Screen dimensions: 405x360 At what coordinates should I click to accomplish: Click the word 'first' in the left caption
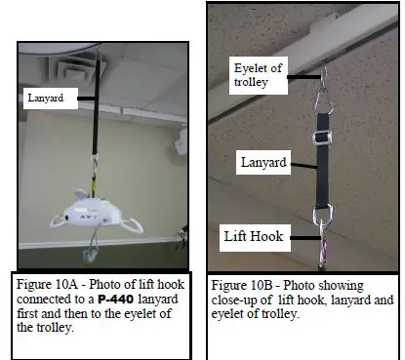pyautogui.click(x=36, y=313)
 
